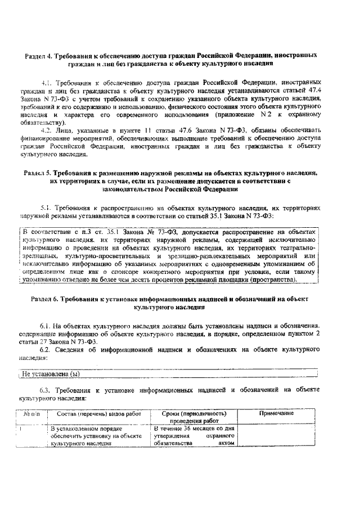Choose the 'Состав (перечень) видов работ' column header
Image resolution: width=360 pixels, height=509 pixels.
click(91, 413)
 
